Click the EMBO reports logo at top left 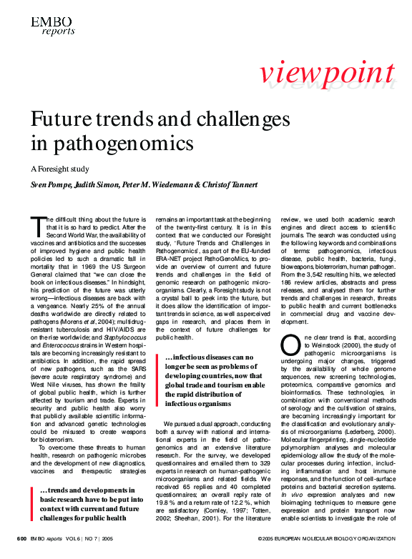[51, 26]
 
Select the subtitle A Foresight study [60, 169]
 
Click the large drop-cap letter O [289, 345]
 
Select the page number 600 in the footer [22, 537]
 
